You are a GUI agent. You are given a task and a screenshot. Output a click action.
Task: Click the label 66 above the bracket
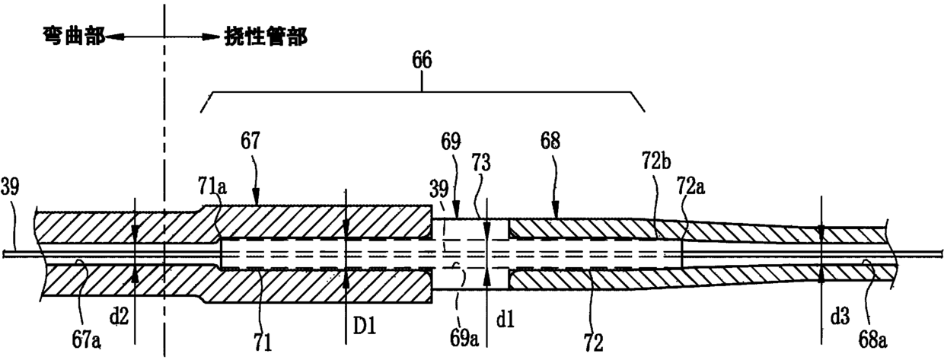(x=422, y=60)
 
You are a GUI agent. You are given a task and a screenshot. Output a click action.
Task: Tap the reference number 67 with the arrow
(x=250, y=141)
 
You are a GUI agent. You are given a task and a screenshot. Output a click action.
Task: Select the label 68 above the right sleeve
(x=550, y=141)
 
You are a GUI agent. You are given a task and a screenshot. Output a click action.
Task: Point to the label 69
(x=451, y=142)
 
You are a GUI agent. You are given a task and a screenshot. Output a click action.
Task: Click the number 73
(x=481, y=162)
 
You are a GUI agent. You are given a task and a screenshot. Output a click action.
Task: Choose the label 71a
(x=212, y=186)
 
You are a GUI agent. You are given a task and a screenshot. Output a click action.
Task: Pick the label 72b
(x=656, y=161)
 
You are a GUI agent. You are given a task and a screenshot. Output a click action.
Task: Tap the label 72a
(x=690, y=186)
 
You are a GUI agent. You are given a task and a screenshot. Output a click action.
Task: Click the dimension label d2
(x=119, y=316)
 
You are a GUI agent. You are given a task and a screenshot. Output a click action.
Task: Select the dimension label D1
(x=364, y=326)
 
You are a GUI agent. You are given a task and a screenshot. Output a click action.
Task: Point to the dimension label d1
(x=505, y=320)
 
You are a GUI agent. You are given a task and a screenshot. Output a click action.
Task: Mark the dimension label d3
(x=840, y=316)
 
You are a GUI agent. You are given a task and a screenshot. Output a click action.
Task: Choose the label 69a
(x=464, y=339)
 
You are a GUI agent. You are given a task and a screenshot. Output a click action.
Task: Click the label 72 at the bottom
(x=593, y=342)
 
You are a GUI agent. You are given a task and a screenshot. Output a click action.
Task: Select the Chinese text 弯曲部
(x=75, y=37)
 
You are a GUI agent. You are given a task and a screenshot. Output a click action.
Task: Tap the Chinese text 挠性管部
(x=266, y=37)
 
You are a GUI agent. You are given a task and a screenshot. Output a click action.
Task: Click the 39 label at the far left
(x=10, y=186)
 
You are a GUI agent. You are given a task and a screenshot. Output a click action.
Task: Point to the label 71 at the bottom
(x=263, y=342)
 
